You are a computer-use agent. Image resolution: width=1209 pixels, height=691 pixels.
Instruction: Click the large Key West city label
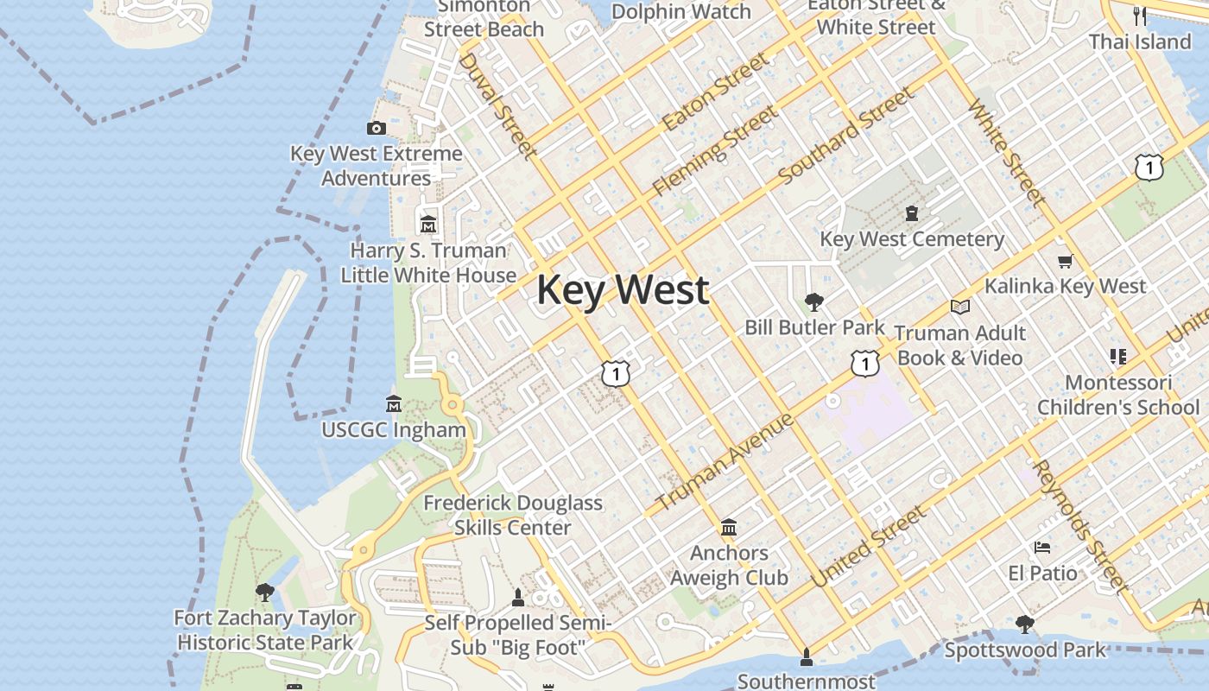pos(623,290)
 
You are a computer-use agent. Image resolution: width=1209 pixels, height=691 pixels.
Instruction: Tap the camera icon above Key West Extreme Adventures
pos(376,129)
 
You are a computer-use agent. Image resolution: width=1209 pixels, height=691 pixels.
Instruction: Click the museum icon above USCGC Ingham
pos(394,403)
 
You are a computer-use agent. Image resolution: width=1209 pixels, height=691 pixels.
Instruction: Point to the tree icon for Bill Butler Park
pos(813,302)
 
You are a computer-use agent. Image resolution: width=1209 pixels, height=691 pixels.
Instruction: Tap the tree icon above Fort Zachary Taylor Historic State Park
pos(265,593)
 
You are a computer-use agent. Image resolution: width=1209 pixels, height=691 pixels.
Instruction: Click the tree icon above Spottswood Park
pos(1025,624)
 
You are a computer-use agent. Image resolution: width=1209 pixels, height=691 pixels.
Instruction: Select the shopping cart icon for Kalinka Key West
pos(1065,261)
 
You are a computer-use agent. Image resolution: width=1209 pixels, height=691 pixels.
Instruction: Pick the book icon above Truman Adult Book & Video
pos(959,307)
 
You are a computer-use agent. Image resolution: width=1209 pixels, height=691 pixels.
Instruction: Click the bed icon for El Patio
pos(1042,548)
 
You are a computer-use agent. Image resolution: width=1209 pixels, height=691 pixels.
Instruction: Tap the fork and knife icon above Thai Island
pos(1140,16)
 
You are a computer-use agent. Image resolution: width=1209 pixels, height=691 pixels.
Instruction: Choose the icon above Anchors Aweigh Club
pos(729,528)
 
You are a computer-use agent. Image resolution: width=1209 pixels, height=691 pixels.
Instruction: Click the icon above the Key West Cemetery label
pos(911,213)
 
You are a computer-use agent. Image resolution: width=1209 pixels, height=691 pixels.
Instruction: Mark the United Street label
pos(869,547)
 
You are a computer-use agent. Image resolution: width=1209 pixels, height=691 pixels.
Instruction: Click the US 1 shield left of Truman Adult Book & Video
pos(864,364)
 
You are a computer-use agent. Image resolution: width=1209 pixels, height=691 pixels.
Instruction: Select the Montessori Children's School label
pos(1117,395)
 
